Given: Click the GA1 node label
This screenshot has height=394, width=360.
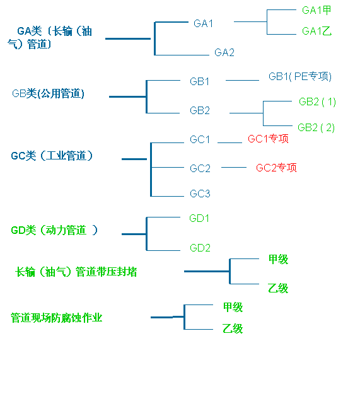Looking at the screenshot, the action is click(203, 23).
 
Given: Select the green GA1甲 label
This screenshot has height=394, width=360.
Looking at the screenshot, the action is click(316, 10).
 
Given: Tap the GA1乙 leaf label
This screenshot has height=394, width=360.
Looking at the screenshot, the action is click(316, 31).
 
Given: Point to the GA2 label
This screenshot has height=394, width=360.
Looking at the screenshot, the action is click(224, 52).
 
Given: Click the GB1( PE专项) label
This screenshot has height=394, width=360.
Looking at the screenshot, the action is click(300, 76).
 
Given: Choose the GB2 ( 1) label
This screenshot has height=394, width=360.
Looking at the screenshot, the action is click(317, 101).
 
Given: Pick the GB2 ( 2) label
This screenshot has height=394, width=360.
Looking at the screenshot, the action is click(316, 127).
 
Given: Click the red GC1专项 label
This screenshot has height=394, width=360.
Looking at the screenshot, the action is click(268, 139).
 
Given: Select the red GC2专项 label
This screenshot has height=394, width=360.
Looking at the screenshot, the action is click(276, 168).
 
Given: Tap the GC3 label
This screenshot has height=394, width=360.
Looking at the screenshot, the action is click(200, 194).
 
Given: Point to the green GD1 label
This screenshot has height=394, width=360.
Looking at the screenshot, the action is click(199, 218).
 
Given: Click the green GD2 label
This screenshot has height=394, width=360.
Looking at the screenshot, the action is click(200, 248).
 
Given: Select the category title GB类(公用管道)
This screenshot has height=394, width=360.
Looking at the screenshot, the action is click(48, 93).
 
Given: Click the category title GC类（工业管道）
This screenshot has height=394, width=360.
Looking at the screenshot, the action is click(52, 156).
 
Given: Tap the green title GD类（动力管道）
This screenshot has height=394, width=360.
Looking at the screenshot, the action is click(54, 230).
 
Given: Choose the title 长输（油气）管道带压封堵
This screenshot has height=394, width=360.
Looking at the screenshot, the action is click(76, 272).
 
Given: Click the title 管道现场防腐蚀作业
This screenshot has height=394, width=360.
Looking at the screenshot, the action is click(57, 318).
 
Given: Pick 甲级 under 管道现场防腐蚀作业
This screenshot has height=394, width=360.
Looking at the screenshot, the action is click(233, 307).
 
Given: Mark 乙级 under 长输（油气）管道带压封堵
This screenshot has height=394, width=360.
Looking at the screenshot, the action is click(278, 288).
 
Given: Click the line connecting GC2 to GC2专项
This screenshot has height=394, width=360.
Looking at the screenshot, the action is click(234, 167).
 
